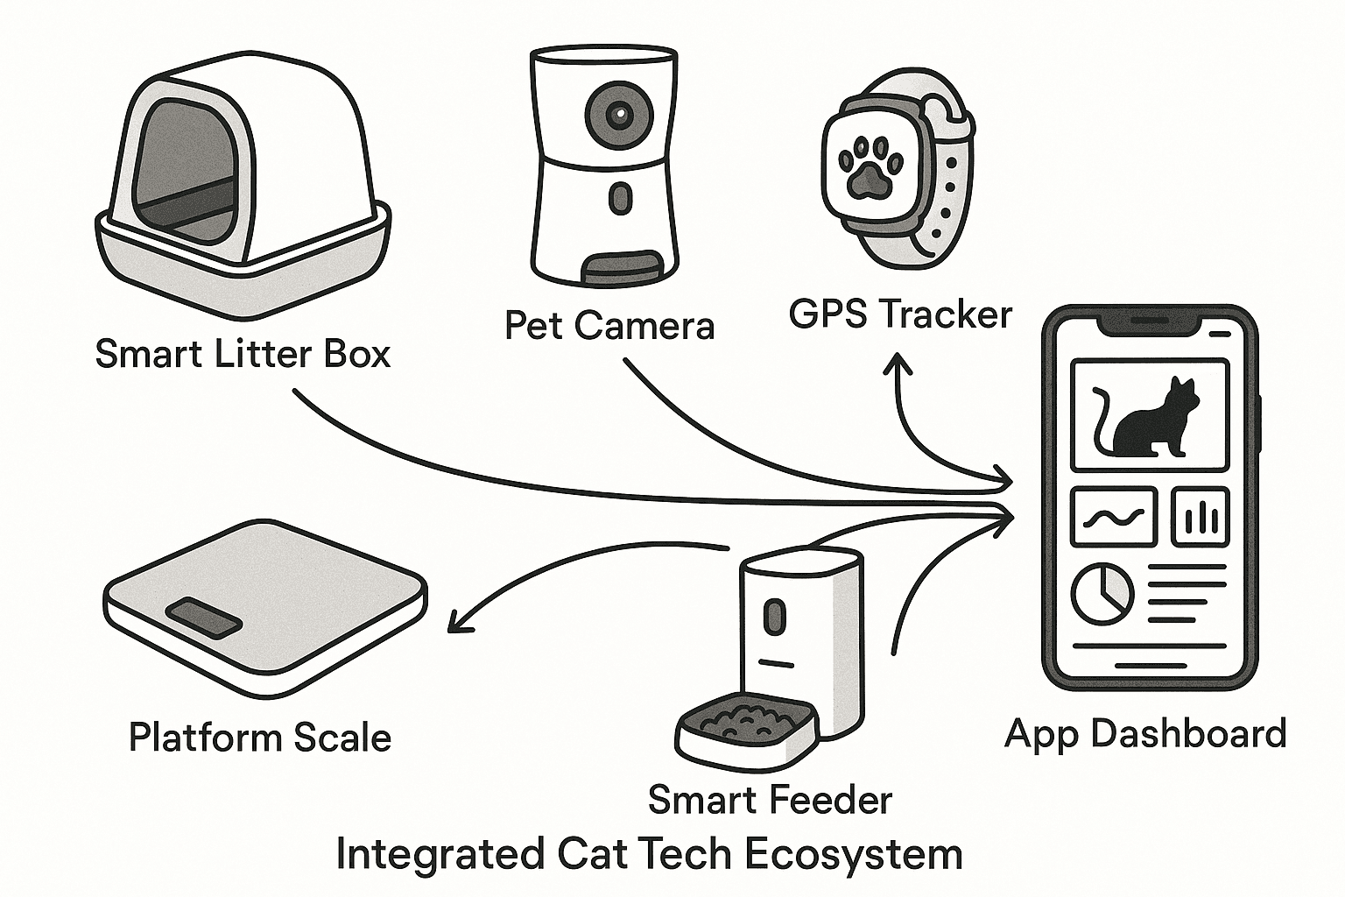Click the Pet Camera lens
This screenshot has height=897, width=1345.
(x=618, y=114)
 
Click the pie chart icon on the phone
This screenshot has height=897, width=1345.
(x=1102, y=593)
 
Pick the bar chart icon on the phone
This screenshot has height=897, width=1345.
(x=1201, y=516)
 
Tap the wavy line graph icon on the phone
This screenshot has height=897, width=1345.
(x=1114, y=517)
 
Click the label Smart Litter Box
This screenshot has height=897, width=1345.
(x=243, y=355)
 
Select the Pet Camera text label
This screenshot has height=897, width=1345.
(x=609, y=326)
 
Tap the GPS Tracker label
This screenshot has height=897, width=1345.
(x=900, y=314)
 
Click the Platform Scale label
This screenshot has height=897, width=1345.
(x=259, y=737)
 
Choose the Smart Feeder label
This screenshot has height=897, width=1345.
(x=770, y=799)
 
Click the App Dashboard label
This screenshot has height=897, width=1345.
(x=1145, y=733)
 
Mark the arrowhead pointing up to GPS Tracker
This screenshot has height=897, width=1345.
(x=897, y=361)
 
